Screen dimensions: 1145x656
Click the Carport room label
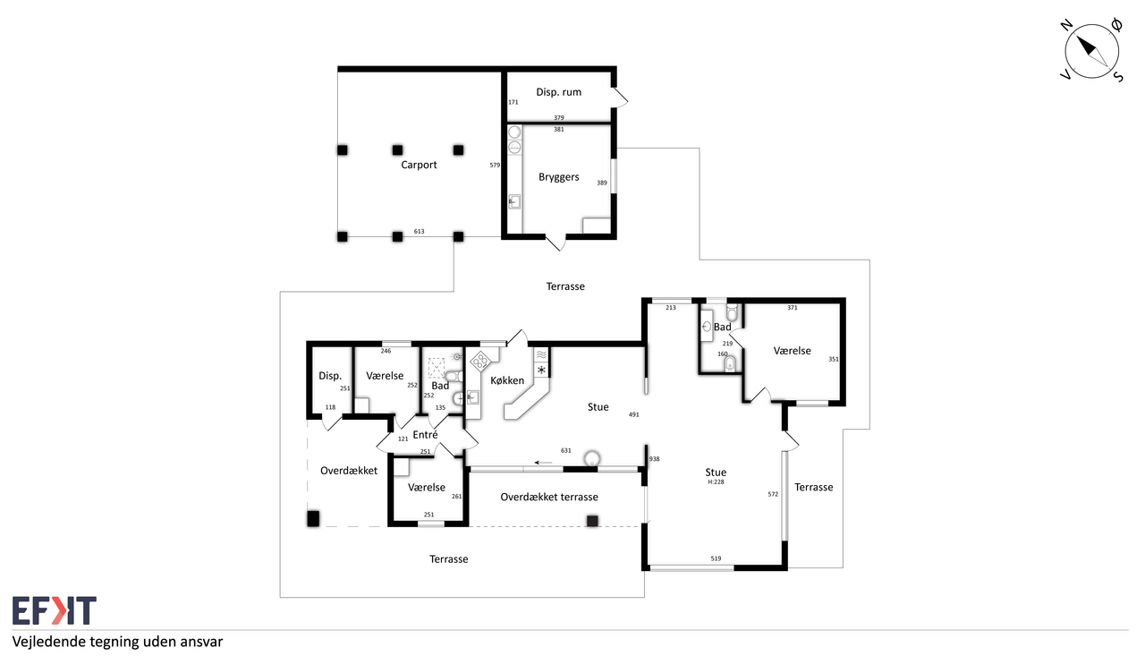point(419,165)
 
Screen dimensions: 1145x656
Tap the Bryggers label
point(559,177)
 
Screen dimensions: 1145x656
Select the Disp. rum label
point(559,92)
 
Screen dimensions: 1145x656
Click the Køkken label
point(507,380)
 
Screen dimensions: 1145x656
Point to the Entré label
point(425,435)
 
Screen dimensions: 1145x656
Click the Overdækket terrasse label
point(549,497)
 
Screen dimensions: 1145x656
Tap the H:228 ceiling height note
point(716,481)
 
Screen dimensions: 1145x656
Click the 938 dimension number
point(654,459)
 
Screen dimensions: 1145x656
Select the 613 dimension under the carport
point(420,231)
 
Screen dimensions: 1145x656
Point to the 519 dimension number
point(716,558)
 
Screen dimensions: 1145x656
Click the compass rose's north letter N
point(1066,26)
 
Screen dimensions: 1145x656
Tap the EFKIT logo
point(55,610)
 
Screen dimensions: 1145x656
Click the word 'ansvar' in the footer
point(202,643)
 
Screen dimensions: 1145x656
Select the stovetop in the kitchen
point(480,361)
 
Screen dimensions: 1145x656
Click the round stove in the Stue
point(592,458)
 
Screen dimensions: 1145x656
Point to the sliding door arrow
point(543,463)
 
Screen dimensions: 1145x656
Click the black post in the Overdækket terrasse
point(592,521)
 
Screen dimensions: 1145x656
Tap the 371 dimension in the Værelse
point(793,308)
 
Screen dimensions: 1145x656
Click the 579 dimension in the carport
point(495,166)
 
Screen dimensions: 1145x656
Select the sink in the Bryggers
point(514,202)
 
